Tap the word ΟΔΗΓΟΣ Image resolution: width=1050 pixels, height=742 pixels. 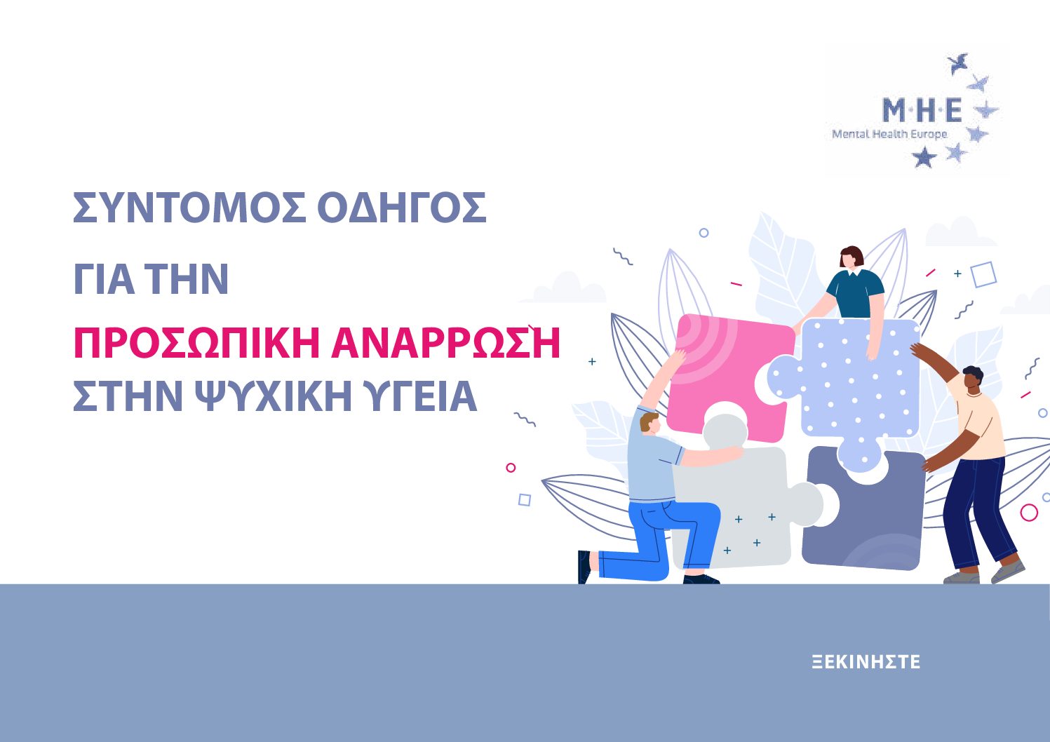(x=402, y=208)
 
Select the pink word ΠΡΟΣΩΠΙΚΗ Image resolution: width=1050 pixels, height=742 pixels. (x=197, y=343)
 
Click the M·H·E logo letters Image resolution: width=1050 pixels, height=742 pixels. (x=922, y=110)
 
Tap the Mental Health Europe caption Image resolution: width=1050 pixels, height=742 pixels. (x=889, y=134)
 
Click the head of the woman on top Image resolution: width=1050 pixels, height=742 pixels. (x=852, y=257)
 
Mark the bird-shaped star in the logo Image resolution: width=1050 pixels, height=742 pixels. (x=957, y=63)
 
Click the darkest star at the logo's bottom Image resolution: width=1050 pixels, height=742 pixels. (x=924, y=157)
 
